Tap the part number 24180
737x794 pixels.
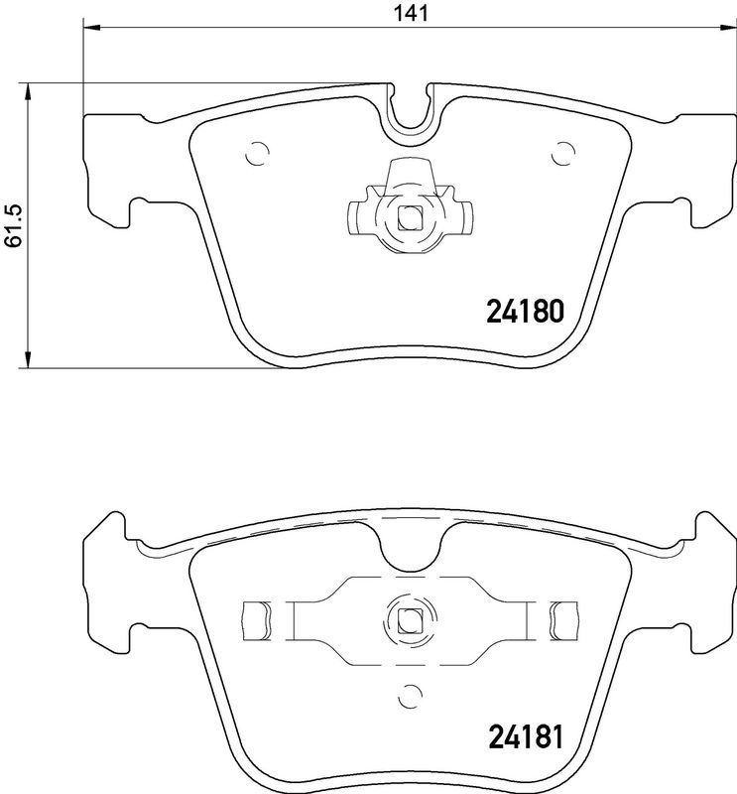(x=525, y=313)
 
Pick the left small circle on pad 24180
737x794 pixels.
(x=256, y=154)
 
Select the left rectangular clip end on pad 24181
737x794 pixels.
(x=257, y=619)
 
